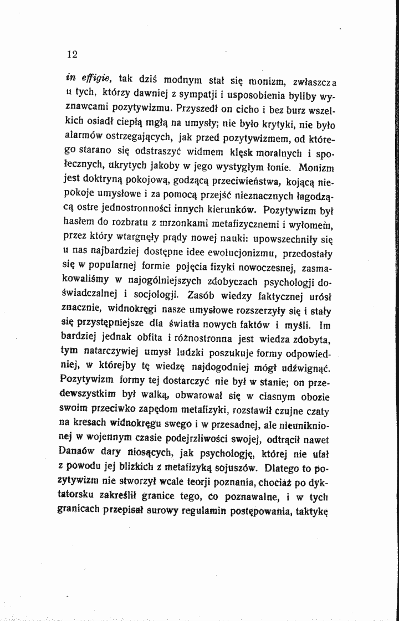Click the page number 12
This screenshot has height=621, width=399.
(71, 54)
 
